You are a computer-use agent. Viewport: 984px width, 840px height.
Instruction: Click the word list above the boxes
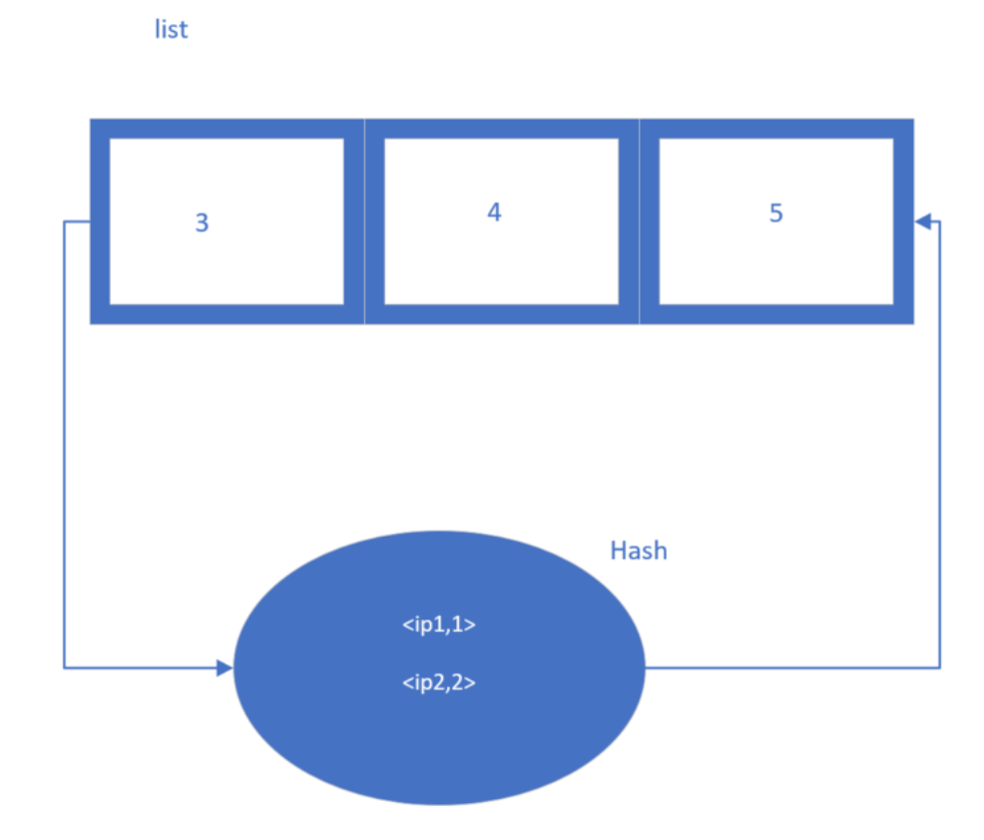click(x=171, y=29)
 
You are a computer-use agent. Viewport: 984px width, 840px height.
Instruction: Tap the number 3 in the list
click(x=202, y=223)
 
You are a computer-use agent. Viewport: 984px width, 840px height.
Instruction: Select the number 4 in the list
click(x=494, y=212)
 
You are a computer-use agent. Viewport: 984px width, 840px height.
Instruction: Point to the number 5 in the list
click(x=776, y=213)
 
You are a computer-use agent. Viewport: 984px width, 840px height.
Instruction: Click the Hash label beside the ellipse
click(x=638, y=551)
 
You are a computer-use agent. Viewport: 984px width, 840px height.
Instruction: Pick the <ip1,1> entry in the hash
click(x=439, y=627)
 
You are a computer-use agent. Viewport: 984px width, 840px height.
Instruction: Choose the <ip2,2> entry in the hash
click(x=439, y=683)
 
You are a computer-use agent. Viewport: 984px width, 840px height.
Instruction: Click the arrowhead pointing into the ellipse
click(x=225, y=667)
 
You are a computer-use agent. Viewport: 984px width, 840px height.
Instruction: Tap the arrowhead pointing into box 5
click(x=923, y=221)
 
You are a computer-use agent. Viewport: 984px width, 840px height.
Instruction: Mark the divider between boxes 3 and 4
click(x=364, y=221)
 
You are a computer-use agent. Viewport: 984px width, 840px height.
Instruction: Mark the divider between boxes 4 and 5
click(x=639, y=221)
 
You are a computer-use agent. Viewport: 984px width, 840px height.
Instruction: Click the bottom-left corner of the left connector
click(x=65, y=667)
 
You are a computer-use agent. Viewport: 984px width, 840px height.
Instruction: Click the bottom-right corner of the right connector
click(x=939, y=667)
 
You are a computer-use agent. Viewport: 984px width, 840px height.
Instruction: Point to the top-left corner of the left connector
click(x=65, y=221)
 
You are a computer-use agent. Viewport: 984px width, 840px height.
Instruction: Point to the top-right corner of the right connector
click(x=939, y=221)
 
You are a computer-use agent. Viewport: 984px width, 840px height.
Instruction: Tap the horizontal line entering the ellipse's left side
click(x=140, y=667)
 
